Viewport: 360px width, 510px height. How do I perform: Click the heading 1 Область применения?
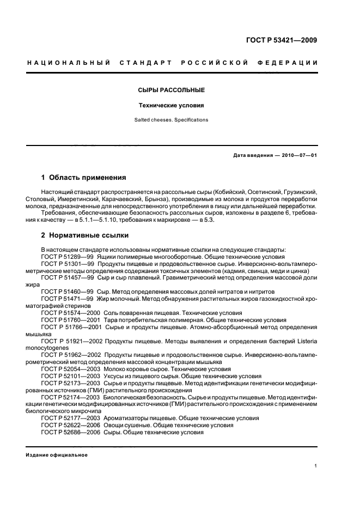click(x=84, y=178)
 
